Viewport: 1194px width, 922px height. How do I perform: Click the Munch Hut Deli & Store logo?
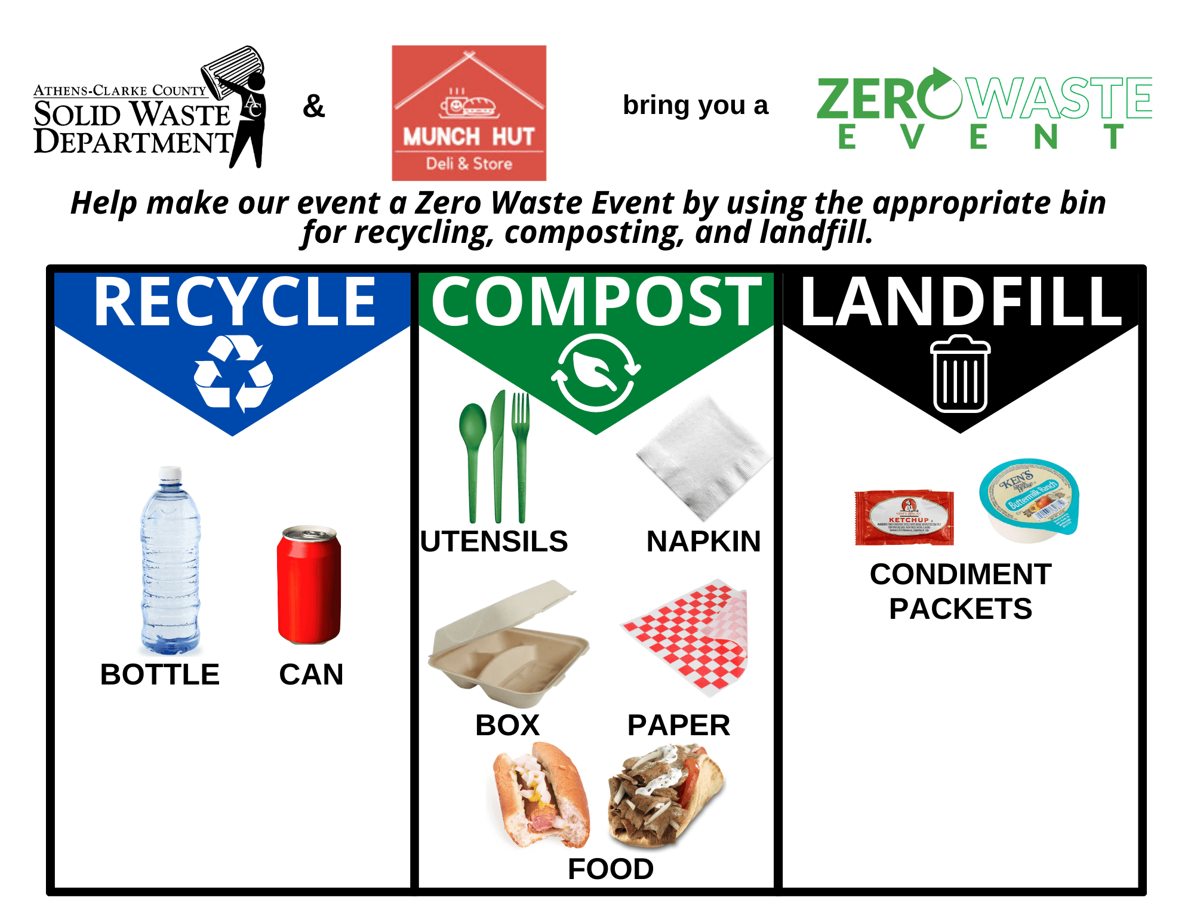469,113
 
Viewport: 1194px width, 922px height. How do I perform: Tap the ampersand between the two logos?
313,107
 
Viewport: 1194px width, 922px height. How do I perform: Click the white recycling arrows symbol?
233,374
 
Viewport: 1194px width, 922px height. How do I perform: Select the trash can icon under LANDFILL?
960,374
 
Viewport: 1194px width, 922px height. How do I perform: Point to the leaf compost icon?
595,372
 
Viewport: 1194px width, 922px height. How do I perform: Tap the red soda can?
309,585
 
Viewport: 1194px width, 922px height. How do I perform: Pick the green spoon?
473,454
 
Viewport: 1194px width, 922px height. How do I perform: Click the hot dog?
540,794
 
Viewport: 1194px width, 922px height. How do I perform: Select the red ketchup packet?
904,517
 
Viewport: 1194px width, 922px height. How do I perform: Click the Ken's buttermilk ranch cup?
1029,499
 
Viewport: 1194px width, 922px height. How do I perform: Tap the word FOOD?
610,869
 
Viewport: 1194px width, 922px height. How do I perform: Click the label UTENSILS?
494,542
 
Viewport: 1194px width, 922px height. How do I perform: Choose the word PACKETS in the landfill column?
960,609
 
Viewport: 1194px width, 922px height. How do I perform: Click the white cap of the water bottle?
170,474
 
